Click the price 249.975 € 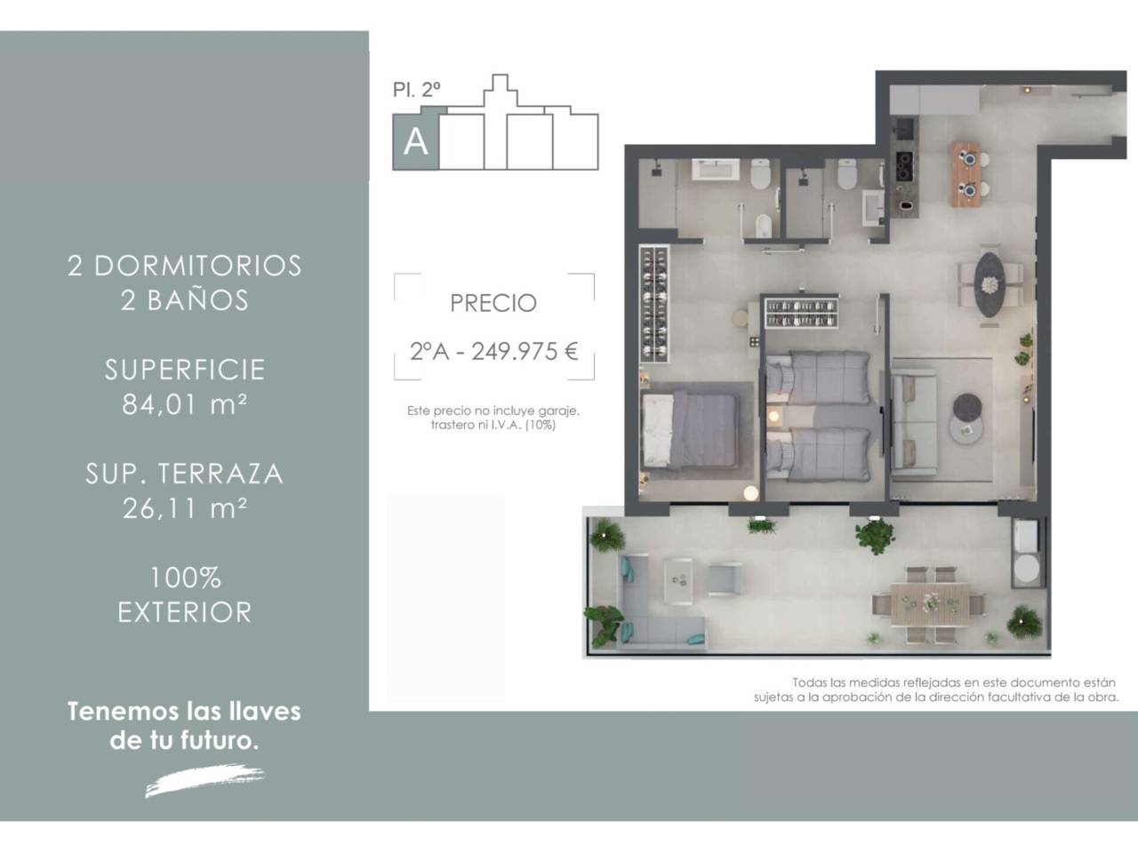point(525,352)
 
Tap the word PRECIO point(493,304)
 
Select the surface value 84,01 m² point(185,404)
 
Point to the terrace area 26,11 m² point(185,508)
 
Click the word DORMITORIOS point(197,266)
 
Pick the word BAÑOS point(197,299)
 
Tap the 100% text point(186,578)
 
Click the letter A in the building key point(415,141)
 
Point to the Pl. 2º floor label point(416,90)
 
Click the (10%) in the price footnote point(541,426)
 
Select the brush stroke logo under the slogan point(204,779)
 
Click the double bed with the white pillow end point(690,430)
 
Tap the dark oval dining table point(990,283)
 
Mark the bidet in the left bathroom point(762,226)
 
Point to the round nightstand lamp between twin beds point(773,416)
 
